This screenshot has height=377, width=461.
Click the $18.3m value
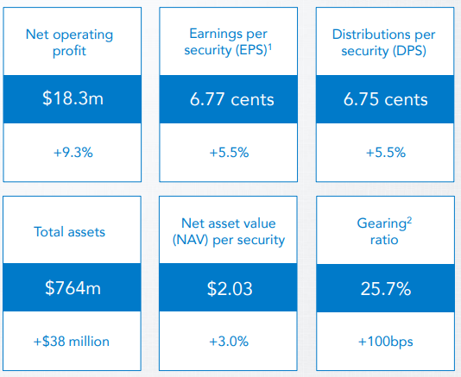73,98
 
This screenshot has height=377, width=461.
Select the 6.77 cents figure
231,99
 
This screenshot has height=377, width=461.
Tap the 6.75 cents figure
385,99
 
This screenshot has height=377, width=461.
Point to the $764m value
73,288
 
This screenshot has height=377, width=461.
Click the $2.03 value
230,288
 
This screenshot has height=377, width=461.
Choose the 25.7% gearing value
385,289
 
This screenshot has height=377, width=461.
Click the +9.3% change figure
73,153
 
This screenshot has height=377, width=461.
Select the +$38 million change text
72,342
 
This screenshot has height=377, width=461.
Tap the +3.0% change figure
229,342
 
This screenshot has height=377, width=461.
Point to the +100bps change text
385,342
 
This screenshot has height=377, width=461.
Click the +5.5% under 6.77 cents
229,153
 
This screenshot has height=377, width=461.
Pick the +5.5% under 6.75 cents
385,153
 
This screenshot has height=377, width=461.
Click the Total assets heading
69,232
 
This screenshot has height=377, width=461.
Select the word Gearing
382,224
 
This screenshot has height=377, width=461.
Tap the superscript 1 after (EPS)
270,47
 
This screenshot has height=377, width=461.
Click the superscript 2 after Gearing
409,220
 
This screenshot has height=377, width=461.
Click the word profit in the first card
69,51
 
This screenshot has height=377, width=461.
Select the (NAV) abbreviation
190,240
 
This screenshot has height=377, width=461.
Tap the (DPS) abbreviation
409,51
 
